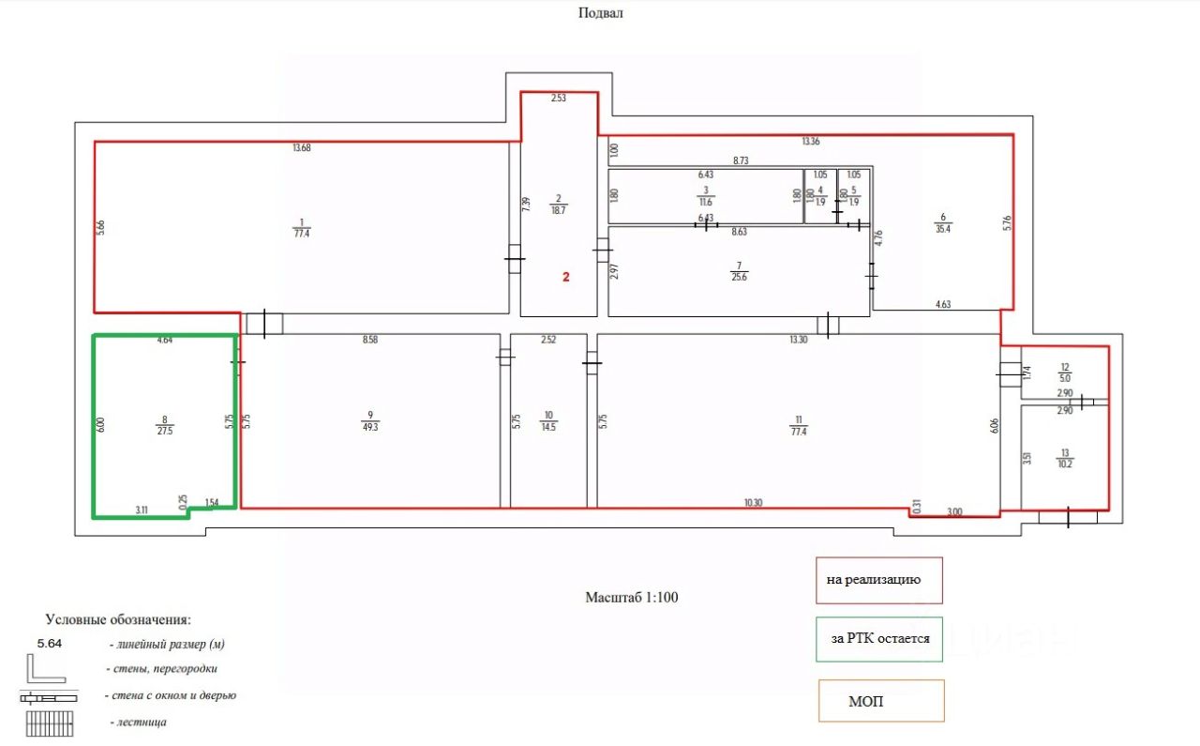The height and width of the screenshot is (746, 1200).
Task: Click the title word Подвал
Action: coord(601,13)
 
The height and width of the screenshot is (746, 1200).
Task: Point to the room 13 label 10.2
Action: coord(1065,457)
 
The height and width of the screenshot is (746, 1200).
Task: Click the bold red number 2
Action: coord(565,277)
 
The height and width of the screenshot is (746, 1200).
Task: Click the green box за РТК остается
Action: coord(879,638)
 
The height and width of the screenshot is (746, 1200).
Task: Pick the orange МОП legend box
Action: coord(880,701)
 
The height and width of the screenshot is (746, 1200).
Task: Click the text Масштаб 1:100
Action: coord(631,597)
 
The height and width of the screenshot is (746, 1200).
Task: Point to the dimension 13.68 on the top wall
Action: coord(301,147)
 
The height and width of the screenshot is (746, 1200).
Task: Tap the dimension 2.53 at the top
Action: coord(559,99)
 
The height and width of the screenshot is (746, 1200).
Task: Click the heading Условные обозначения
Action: coord(118,620)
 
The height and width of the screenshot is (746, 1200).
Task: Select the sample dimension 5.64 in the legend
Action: coord(49,644)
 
